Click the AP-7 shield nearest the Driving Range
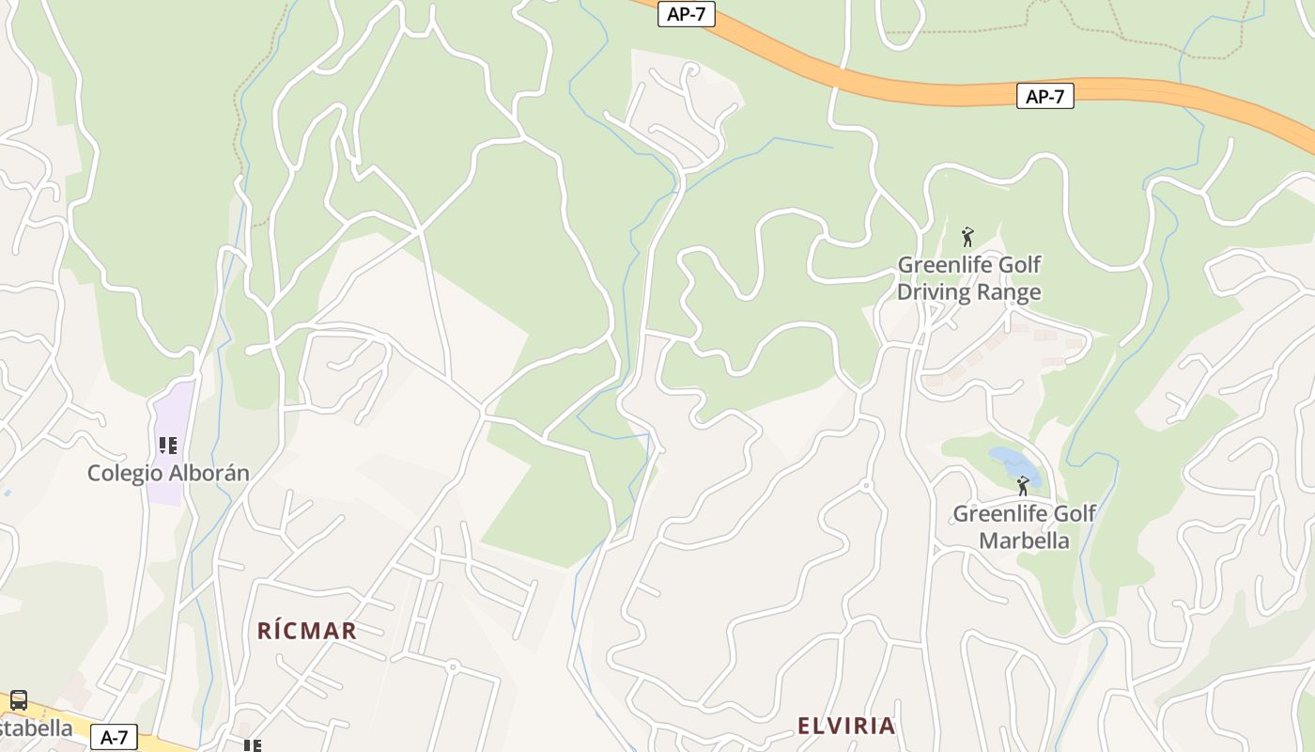(1044, 96)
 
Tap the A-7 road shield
(115, 737)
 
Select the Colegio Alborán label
(168, 473)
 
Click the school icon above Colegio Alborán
(168, 445)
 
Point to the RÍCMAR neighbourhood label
(307, 631)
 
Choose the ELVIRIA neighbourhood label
(845, 726)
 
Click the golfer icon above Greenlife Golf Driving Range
(967, 237)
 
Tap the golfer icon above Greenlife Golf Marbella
(1023, 486)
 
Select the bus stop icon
(18, 700)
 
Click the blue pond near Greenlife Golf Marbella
(1013, 462)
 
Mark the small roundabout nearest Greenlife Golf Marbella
(865, 486)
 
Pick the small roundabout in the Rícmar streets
(452, 667)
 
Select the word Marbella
(1024, 540)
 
